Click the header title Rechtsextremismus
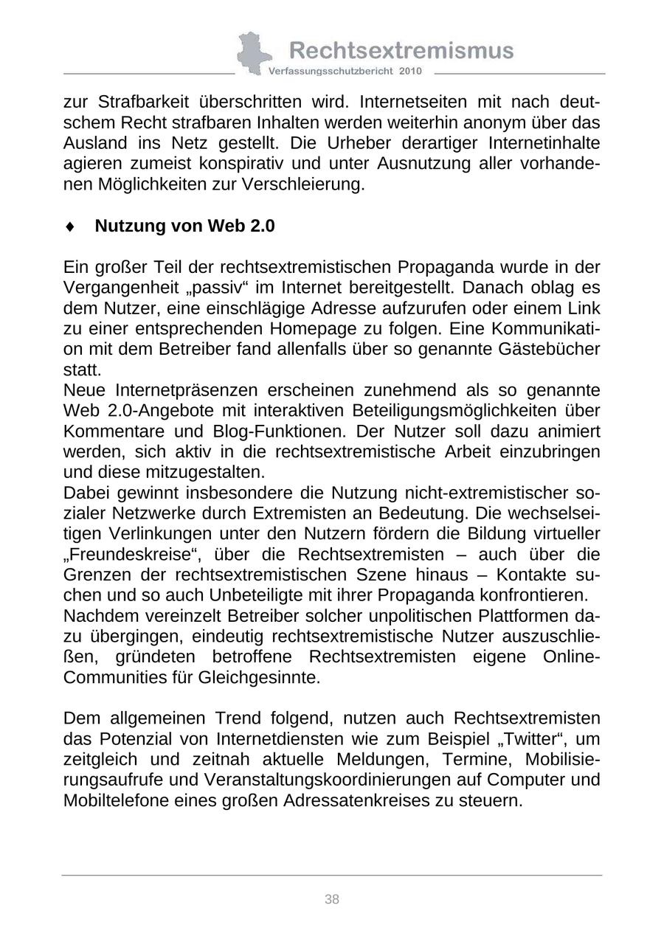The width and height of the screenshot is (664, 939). point(401,50)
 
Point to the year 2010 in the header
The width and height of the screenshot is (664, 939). point(411,72)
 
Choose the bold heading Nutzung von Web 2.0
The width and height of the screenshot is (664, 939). point(184,226)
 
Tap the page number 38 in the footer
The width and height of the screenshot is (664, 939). point(332,899)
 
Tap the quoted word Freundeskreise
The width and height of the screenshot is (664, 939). point(120,554)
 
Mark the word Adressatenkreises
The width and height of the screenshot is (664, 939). point(387,800)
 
